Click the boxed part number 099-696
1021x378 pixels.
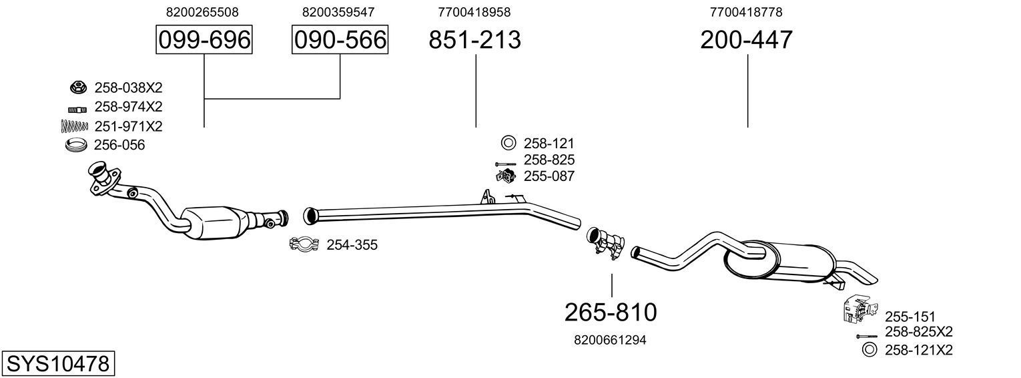[x=204, y=41]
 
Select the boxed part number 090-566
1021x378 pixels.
[x=340, y=41]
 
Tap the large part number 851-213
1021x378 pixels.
[x=474, y=41]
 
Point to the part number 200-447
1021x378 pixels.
[x=747, y=41]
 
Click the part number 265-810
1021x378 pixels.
[x=611, y=312]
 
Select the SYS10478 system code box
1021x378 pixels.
[x=57, y=364]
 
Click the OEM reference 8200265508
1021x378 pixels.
[x=202, y=12]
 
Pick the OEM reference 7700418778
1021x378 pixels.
[x=746, y=12]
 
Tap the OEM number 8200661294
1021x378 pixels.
[x=610, y=340]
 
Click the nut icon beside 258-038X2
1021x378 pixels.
[x=78, y=87]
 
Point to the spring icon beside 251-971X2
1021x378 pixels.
[x=74, y=126]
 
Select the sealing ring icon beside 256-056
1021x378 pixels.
[x=77, y=145]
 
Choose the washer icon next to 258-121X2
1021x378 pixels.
[x=869, y=349]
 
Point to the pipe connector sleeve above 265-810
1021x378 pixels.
[x=606, y=241]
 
